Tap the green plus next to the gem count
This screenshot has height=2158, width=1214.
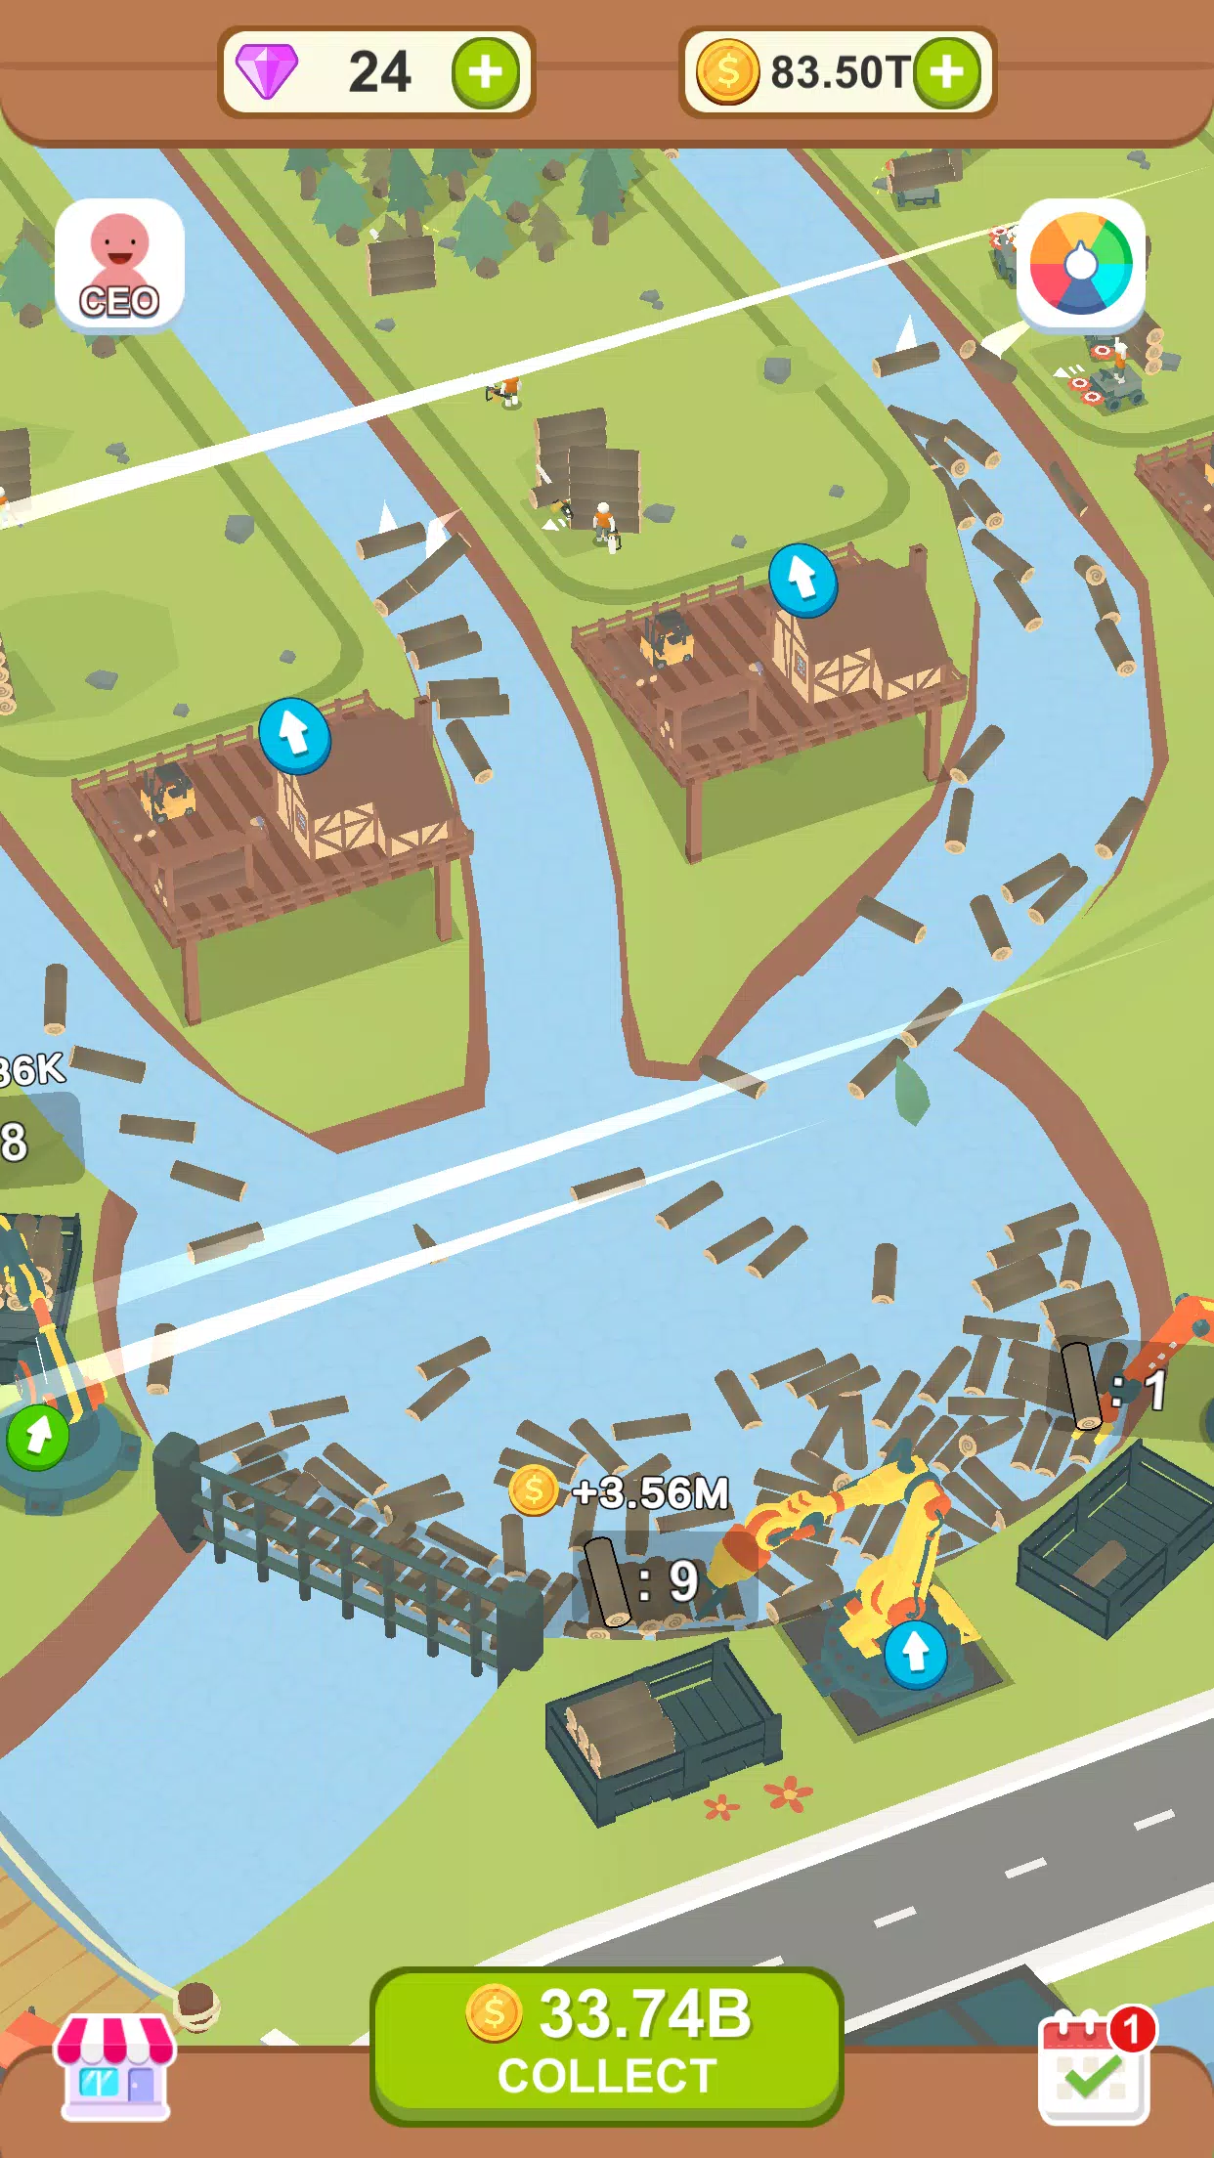[x=485, y=72]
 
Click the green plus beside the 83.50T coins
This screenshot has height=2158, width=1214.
[x=946, y=72]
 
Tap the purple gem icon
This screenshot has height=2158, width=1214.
[x=267, y=72]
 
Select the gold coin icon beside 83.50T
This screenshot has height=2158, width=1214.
[x=727, y=72]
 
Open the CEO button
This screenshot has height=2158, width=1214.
[x=119, y=264]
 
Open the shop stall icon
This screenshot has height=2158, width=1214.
[x=115, y=2066]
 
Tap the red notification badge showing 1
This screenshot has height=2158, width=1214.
[x=1132, y=2030]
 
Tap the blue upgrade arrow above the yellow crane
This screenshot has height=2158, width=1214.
[x=915, y=1653]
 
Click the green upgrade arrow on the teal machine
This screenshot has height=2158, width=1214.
[x=38, y=1436]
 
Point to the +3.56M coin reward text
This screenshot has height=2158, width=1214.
[x=650, y=1492]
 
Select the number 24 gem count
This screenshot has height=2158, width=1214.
[x=379, y=72]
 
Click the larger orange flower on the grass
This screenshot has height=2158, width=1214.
[x=788, y=1792]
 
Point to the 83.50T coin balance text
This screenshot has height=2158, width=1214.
[x=839, y=72]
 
